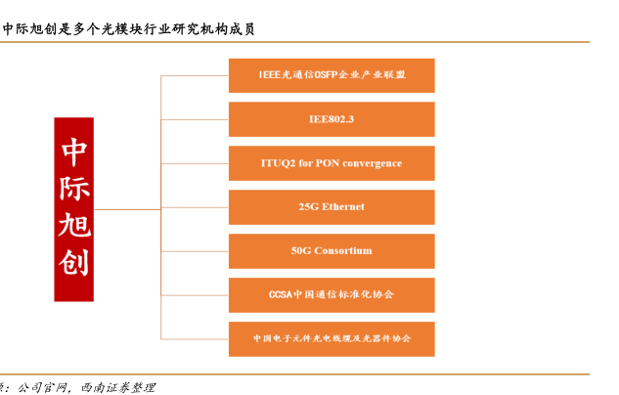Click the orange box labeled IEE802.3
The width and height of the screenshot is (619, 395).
(332, 119)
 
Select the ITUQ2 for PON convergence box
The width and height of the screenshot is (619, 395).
(332, 163)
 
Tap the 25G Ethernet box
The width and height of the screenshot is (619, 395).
(332, 207)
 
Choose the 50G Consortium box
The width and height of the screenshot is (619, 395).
(332, 251)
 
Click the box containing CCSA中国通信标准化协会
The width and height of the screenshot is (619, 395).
(332, 294)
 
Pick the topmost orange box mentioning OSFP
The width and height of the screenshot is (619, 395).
(332, 75)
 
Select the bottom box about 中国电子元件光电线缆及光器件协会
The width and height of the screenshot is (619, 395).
(332, 338)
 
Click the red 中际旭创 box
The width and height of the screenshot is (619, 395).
(74, 208)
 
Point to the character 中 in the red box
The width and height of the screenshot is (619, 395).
(74, 150)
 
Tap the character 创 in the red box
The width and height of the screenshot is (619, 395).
(74, 265)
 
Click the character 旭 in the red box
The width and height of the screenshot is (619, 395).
(74, 227)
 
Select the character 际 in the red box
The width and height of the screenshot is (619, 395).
(74, 188)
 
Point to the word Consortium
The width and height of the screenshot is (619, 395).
(343, 251)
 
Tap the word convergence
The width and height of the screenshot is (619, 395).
(371, 163)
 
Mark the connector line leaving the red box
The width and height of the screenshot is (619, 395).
(127, 208)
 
